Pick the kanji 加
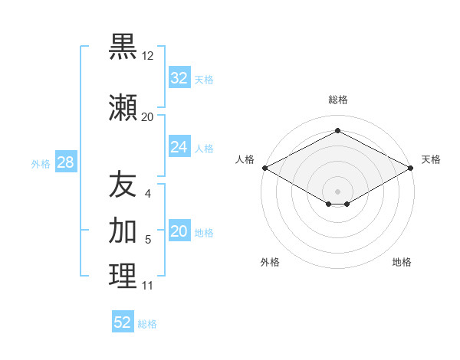click(123, 230)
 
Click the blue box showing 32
click(179, 78)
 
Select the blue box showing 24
click(179, 147)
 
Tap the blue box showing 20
click(179, 232)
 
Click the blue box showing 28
click(65, 162)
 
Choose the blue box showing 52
click(123, 322)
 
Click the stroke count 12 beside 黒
click(148, 56)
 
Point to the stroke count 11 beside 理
click(147, 286)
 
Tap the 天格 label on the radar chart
click(431, 159)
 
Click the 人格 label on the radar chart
click(245, 159)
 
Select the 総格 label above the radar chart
click(337, 100)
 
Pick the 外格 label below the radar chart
click(270, 262)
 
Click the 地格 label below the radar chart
click(402, 262)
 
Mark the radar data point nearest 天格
click(412, 168)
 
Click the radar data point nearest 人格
click(264, 168)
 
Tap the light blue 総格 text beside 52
click(147, 324)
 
